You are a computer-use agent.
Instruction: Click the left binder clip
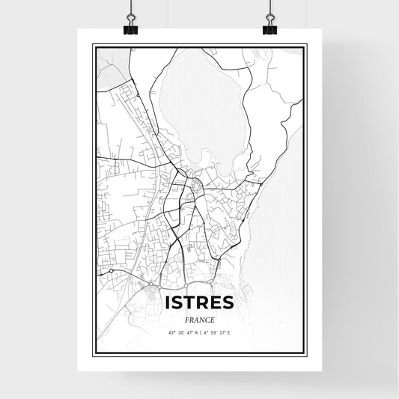(x=130, y=28)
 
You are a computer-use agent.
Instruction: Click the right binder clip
(x=269, y=28)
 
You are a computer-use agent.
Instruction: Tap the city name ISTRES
(x=199, y=302)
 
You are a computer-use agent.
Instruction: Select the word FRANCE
(x=199, y=320)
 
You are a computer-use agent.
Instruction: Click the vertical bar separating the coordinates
(x=200, y=332)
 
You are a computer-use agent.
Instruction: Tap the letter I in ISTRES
(x=168, y=302)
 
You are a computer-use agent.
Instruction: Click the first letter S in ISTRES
(x=178, y=302)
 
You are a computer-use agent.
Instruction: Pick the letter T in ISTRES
(x=191, y=302)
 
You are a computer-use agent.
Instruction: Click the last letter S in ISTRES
(x=229, y=302)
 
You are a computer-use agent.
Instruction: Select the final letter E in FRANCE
(x=212, y=320)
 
